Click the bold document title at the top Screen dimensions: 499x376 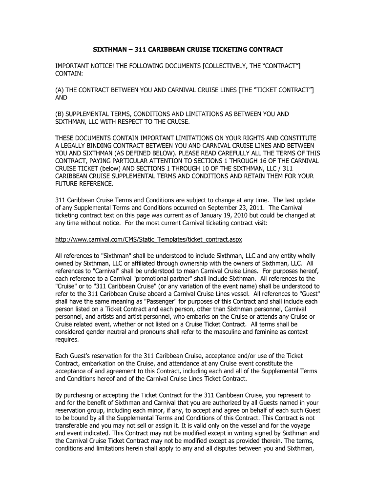[x=188, y=50]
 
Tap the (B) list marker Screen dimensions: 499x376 [x=61, y=114]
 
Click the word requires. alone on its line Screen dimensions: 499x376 [x=67, y=340]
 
